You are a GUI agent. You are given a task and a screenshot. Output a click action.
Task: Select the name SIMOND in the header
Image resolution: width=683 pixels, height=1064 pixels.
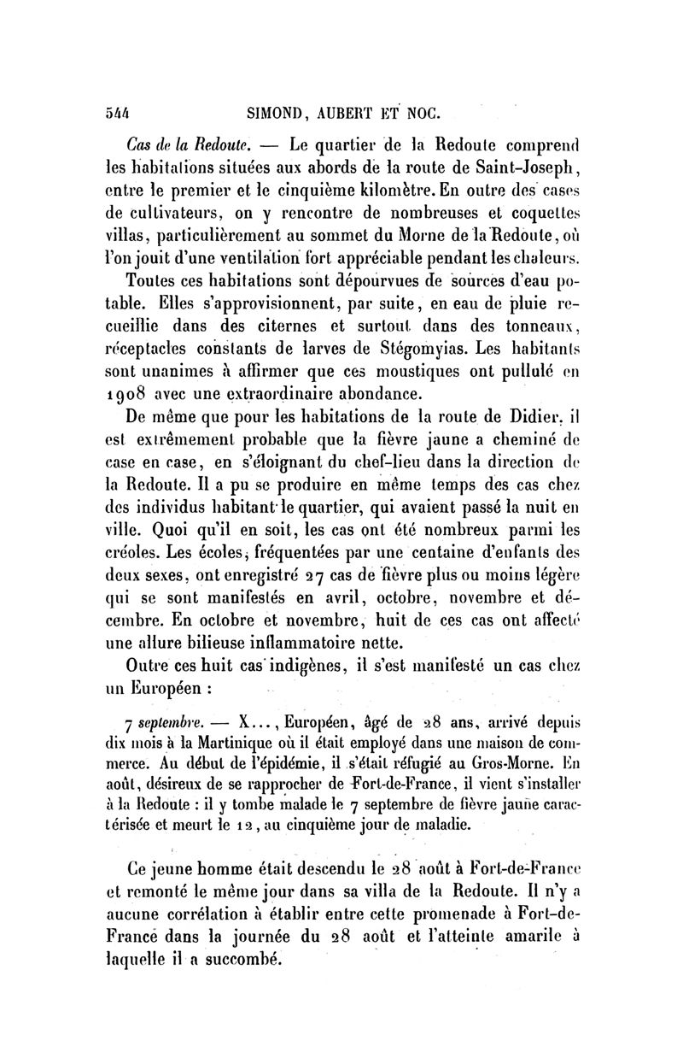[x=275, y=112]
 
